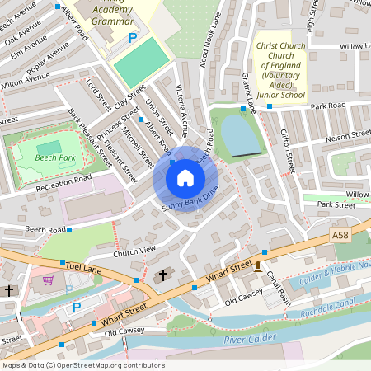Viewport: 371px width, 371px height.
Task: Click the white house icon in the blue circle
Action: click(185, 178)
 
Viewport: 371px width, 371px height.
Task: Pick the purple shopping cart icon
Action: click(48, 280)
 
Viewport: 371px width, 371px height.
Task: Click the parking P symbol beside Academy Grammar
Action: click(132, 37)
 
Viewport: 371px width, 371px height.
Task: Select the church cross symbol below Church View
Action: click(162, 275)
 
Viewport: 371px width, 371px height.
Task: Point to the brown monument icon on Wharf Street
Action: click(259, 265)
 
